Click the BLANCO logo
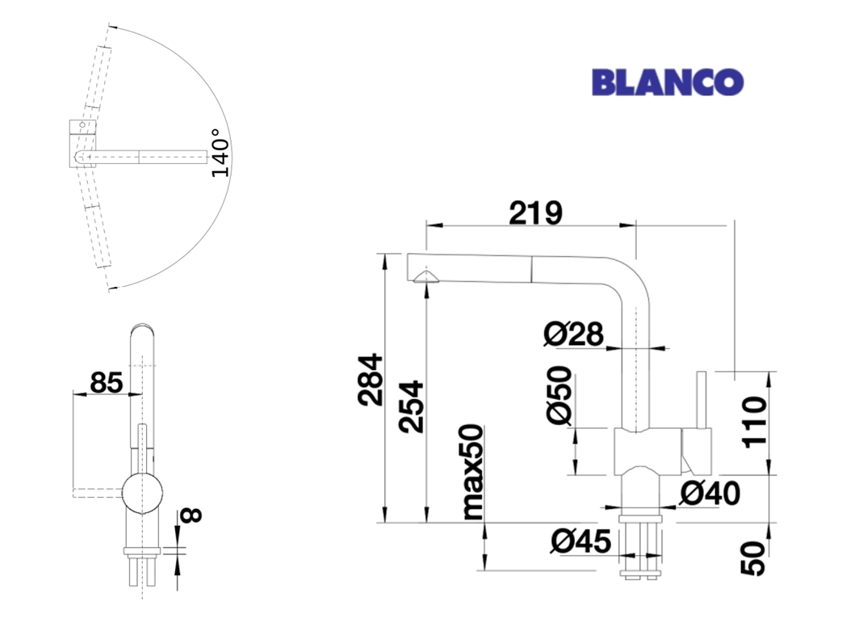coord(668,82)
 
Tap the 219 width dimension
coord(535,212)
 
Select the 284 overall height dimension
coord(371,380)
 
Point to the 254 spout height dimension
coord(412,406)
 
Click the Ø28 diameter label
coord(573,334)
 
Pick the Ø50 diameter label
coord(559,395)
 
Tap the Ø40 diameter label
coord(710,493)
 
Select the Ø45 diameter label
coord(581,541)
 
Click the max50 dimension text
coord(473,472)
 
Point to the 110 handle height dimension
coord(755,422)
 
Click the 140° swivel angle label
coord(220,153)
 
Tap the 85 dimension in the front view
coord(107,383)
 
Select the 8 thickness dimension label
coord(191,515)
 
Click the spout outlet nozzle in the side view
coord(426,277)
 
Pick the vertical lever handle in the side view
coord(701,400)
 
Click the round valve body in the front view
coord(142,494)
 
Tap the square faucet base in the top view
coord(82,144)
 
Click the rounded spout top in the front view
coord(142,329)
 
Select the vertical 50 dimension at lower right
coord(755,559)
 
